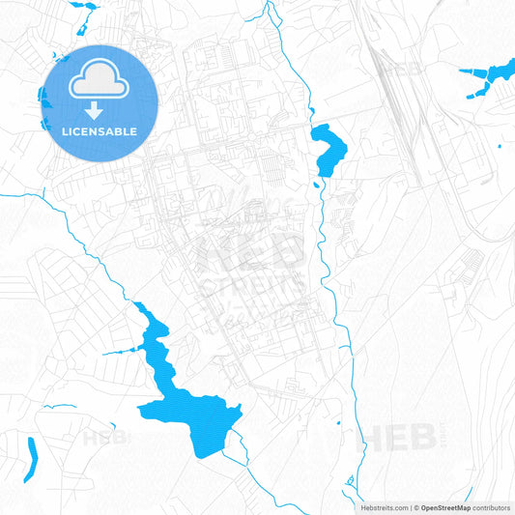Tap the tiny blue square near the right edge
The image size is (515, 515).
[499, 145]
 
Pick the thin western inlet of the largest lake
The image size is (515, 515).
[121, 349]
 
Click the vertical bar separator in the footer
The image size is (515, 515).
[410, 506]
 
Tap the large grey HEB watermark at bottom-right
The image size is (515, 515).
[396, 438]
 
